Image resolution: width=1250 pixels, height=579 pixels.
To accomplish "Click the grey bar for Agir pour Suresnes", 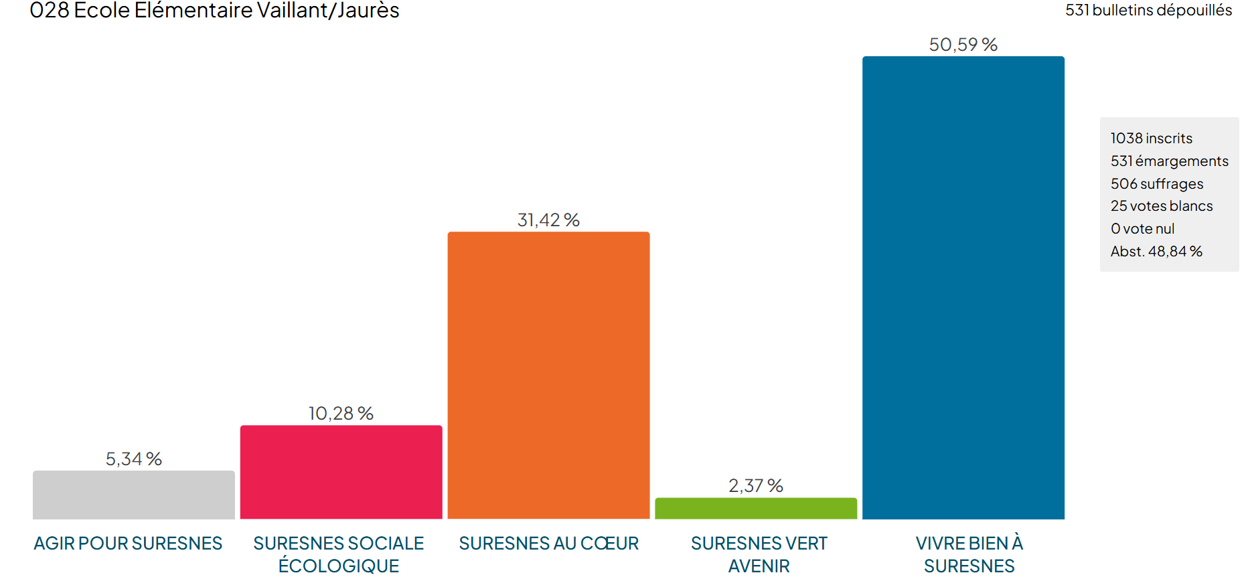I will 134,495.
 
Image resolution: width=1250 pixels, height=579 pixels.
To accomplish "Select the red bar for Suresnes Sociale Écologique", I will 341,472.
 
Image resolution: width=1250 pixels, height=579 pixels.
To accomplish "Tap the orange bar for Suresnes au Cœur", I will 548,375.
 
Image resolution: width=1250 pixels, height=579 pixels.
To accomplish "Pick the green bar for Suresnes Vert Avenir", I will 756,508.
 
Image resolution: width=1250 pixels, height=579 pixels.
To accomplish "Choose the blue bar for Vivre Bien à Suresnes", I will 963,288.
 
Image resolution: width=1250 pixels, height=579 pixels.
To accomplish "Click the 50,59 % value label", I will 963,45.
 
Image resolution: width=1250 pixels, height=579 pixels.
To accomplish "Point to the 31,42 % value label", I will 548,220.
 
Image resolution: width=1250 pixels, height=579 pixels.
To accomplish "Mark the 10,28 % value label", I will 341,414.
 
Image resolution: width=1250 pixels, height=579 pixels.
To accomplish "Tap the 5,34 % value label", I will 134,459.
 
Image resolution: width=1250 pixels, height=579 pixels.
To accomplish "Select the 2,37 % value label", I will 756,486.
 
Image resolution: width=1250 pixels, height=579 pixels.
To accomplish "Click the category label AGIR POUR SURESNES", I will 128,544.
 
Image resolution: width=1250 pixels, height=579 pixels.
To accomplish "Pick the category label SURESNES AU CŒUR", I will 548,544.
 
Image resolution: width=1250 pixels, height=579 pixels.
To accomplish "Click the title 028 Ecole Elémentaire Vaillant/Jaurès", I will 214,11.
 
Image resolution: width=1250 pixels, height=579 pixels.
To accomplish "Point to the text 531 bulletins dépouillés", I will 1148,11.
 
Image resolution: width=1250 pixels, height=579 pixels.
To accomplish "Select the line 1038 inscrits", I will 1151,139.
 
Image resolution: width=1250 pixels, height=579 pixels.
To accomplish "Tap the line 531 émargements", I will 1169,161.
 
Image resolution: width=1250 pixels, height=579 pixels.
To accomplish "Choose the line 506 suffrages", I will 1156,184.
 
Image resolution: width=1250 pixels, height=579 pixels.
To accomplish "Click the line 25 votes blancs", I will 1161,206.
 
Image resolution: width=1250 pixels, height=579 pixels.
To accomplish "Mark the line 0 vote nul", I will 1142,229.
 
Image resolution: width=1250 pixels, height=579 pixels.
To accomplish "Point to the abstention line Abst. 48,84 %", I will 1156,252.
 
